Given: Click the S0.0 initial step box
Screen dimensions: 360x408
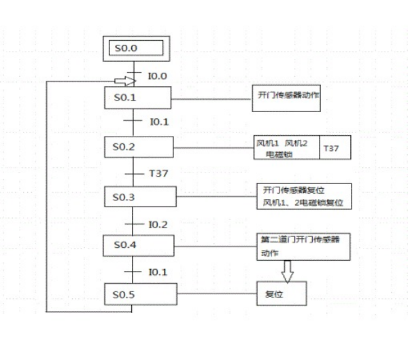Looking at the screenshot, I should tap(136, 50).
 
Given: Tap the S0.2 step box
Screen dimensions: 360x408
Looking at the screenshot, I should tap(138, 146).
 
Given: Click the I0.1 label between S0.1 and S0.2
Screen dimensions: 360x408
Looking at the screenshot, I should tap(158, 122).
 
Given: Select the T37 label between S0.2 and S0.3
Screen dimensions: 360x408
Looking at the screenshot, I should tap(158, 173).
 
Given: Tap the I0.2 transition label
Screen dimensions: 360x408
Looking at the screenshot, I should tap(158, 223).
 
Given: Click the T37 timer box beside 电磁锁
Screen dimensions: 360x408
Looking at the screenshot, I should tap(335, 148).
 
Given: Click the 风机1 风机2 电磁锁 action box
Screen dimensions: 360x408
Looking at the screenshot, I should tap(286, 148).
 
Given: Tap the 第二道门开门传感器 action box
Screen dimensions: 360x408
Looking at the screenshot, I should tap(304, 245).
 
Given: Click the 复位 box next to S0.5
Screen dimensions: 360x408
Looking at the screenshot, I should tap(282, 294).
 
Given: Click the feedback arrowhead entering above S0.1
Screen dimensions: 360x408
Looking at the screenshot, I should tap(130, 80).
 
